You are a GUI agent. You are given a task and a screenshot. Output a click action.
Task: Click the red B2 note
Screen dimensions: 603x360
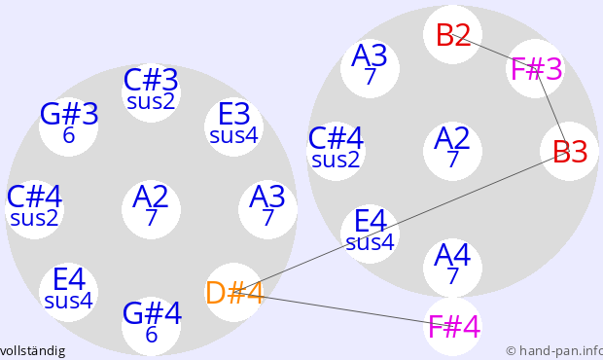[x=452, y=35]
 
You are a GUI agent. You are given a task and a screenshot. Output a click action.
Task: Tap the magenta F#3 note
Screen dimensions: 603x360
[x=536, y=68]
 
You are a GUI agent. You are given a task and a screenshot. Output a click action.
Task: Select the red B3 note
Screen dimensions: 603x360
[x=569, y=151]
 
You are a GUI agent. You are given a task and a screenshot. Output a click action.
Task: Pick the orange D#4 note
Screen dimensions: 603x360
[x=233, y=292]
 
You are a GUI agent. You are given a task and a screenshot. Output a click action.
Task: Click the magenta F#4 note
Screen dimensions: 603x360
[x=452, y=326]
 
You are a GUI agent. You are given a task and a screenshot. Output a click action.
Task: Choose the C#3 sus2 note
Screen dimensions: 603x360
[x=151, y=92]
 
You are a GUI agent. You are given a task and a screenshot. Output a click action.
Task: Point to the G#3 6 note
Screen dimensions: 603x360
[x=68, y=126]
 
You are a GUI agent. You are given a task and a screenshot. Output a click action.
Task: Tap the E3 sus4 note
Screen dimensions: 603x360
[x=233, y=126]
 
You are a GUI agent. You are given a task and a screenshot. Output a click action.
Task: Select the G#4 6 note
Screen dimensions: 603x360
[x=151, y=326]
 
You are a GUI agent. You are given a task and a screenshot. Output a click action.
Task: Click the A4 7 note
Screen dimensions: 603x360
[x=452, y=268]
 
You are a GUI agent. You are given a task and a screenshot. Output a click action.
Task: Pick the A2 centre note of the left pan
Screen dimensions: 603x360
[x=151, y=209]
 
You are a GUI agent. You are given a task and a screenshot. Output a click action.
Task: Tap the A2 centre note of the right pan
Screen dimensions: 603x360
[x=452, y=151]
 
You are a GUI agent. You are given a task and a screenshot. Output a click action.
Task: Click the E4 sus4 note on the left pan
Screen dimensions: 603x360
[x=68, y=292]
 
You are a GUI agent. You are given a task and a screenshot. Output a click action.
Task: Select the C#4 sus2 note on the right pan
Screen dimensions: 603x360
[x=336, y=151]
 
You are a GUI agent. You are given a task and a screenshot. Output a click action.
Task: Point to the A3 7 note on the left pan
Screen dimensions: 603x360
[x=267, y=209]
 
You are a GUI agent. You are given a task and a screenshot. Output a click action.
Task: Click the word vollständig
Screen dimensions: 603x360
[x=32, y=351]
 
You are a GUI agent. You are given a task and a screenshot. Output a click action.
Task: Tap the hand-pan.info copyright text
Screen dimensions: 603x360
[x=554, y=351]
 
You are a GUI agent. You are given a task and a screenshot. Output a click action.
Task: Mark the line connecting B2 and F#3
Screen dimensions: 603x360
[x=494, y=52]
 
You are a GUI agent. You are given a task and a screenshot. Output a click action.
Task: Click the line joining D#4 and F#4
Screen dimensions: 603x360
[x=343, y=309]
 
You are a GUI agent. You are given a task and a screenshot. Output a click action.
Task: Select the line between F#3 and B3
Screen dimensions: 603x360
[x=552, y=110]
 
